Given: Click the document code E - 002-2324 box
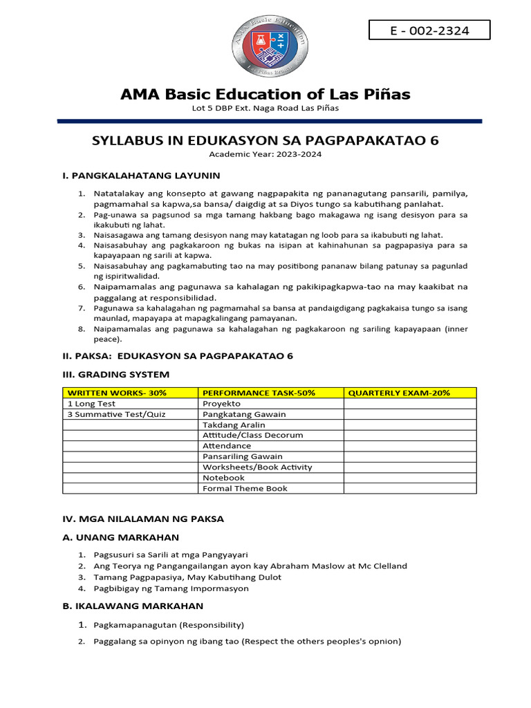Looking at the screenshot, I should (x=429, y=30).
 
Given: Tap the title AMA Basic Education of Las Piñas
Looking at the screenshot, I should (x=265, y=94).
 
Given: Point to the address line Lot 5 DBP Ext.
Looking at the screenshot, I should (x=265, y=109).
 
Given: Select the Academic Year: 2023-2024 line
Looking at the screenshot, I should (x=265, y=154).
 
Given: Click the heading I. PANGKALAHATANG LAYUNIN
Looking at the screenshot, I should (x=141, y=176).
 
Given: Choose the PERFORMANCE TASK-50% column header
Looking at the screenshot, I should (x=259, y=393).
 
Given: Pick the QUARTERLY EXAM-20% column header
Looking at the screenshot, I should (x=399, y=393).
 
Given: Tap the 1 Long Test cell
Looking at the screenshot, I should (x=92, y=403).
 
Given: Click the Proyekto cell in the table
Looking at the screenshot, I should (x=221, y=403).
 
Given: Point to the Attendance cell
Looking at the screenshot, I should (x=227, y=446).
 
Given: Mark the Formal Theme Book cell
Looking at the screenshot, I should (x=245, y=488).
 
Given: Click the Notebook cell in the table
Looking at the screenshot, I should (x=223, y=478).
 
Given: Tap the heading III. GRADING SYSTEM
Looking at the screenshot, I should (x=115, y=375).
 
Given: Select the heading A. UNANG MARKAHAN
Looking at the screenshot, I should (x=121, y=537).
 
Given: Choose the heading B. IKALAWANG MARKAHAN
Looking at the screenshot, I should (x=133, y=606).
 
